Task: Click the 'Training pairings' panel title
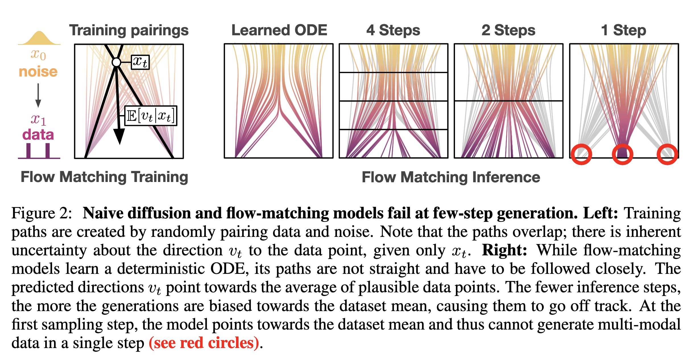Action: pos(129,30)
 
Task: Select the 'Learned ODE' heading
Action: pos(279,30)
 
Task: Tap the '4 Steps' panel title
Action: pos(393,30)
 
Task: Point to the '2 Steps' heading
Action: pos(508,30)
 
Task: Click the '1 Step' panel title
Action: pos(623,30)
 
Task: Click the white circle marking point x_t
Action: pos(116,62)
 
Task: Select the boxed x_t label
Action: pos(140,62)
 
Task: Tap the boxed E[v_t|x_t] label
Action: pos(151,116)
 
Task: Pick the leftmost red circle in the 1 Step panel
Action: pos(581,154)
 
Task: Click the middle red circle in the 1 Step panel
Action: pos(622,154)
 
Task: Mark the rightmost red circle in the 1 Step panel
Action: pos(667,154)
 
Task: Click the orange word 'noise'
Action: pos(38,72)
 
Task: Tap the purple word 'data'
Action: pos(38,135)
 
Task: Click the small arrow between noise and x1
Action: pos(38,95)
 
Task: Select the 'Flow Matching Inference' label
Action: pos(451,177)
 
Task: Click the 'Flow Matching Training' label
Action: pos(104,177)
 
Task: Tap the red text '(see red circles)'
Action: pos(204,343)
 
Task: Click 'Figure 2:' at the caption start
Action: pos(42,213)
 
